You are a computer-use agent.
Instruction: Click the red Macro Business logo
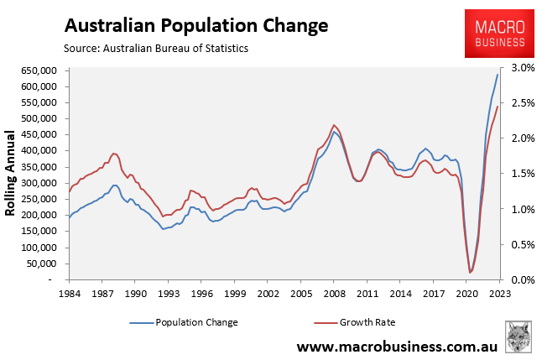[495, 34]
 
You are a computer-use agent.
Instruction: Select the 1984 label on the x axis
[70, 295]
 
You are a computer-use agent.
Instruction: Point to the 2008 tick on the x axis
[334, 295]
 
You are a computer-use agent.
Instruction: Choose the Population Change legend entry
[184, 321]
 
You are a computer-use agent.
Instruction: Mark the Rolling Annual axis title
[12, 174]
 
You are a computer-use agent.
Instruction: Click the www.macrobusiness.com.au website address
[399, 347]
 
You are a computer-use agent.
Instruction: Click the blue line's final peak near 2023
[498, 75]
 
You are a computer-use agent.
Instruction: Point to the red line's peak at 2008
[334, 125]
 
